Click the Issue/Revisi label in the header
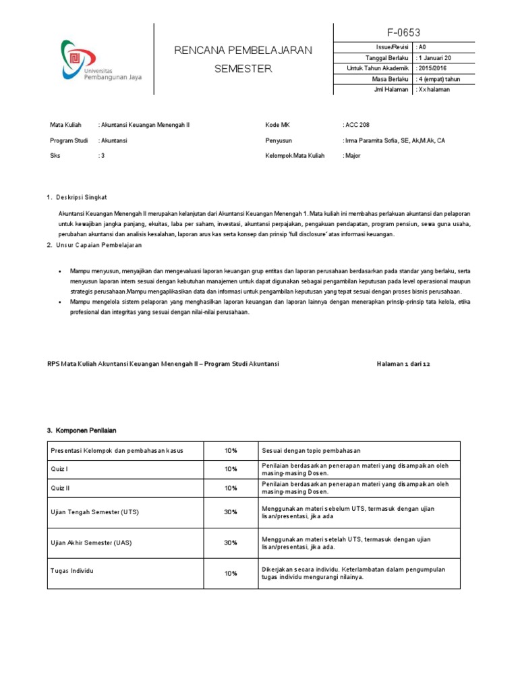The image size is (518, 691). coord(392,47)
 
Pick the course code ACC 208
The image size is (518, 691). coord(357,126)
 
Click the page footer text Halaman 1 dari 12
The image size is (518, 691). coord(403,364)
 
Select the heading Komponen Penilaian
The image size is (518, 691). coord(86,430)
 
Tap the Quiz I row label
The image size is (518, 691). coord(59,468)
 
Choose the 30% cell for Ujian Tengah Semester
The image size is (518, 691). coord(231,512)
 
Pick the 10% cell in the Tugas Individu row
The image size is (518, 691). coord(231,574)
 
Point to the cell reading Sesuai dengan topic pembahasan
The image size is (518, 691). coord(312,450)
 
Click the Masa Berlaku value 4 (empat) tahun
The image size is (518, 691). coord(439,79)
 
